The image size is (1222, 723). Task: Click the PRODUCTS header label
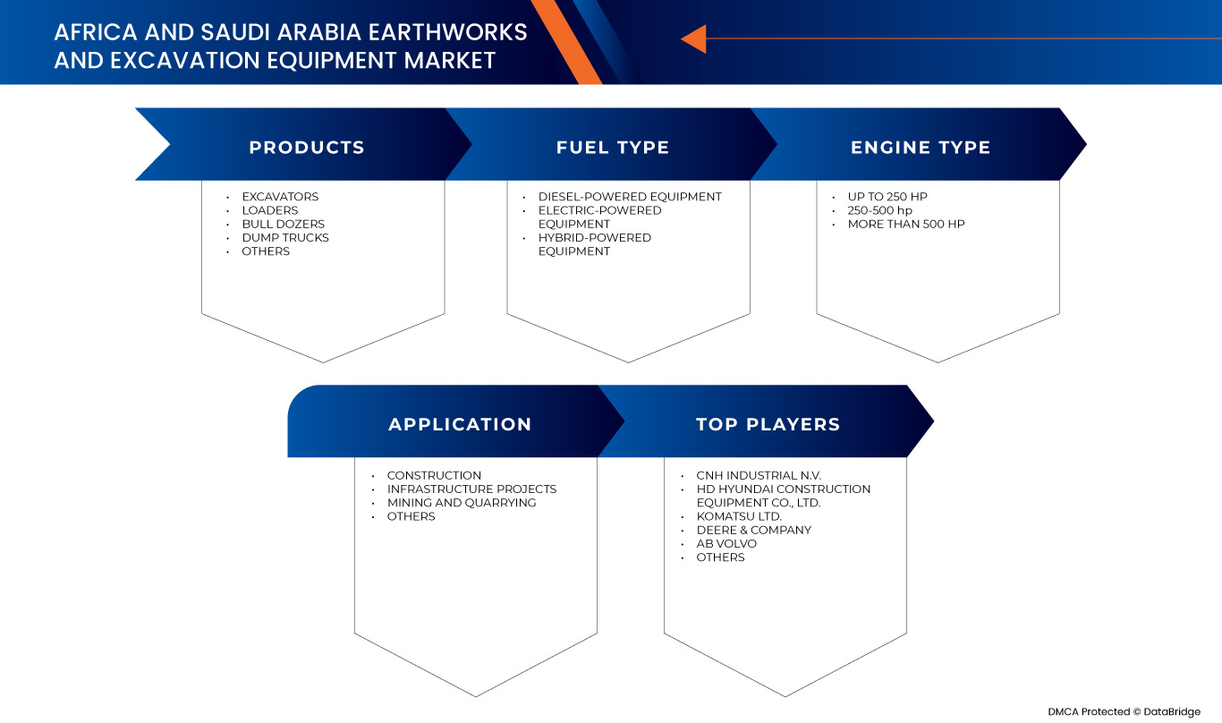pyautogui.click(x=307, y=148)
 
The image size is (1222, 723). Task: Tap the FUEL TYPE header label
pyautogui.click(x=613, y=148)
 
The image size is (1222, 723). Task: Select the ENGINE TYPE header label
pyautogui.click(x=921, y=148)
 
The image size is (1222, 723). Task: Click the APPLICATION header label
pyautogui.click(x=460, y=424)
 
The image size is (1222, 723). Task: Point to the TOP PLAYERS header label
pyautogui.click(x=768, y=424)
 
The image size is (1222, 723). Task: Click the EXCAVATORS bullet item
pyautogui.click(x=280, y=197)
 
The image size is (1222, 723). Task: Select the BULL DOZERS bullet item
pyautogui.click(x=284, y=224)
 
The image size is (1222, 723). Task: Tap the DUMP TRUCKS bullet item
pyautogui.click(x=285, y=238)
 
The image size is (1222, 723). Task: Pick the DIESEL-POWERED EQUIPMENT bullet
pyautogui.click(x=630, y=197)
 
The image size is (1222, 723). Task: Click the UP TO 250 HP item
pyautogui.click(x=887, y=197)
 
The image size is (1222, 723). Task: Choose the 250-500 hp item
pyautogui.click(x=880, y=210)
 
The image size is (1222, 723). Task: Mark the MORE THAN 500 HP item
pyautogui.click(x=906, y=224)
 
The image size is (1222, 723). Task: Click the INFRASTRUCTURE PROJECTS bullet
pyautogui.click(x=471, y=489)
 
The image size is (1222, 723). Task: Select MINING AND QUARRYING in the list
pyautogui.click(x=462, y=503)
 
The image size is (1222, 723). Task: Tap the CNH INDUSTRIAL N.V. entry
pyautogui.click(x=759, y=475)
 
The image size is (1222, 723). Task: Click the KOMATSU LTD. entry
pyautogui.click(x=739, y=516)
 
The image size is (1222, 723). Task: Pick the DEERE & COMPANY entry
pyautogui.click(x=754, y=530)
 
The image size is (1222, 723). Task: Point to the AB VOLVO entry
pyautogui.click(x=726, y=544)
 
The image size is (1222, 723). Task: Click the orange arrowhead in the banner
pyautogui.click(x=694, y=39)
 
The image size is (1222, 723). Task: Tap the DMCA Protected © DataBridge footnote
pyautogui.click(x=1124, y=711)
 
